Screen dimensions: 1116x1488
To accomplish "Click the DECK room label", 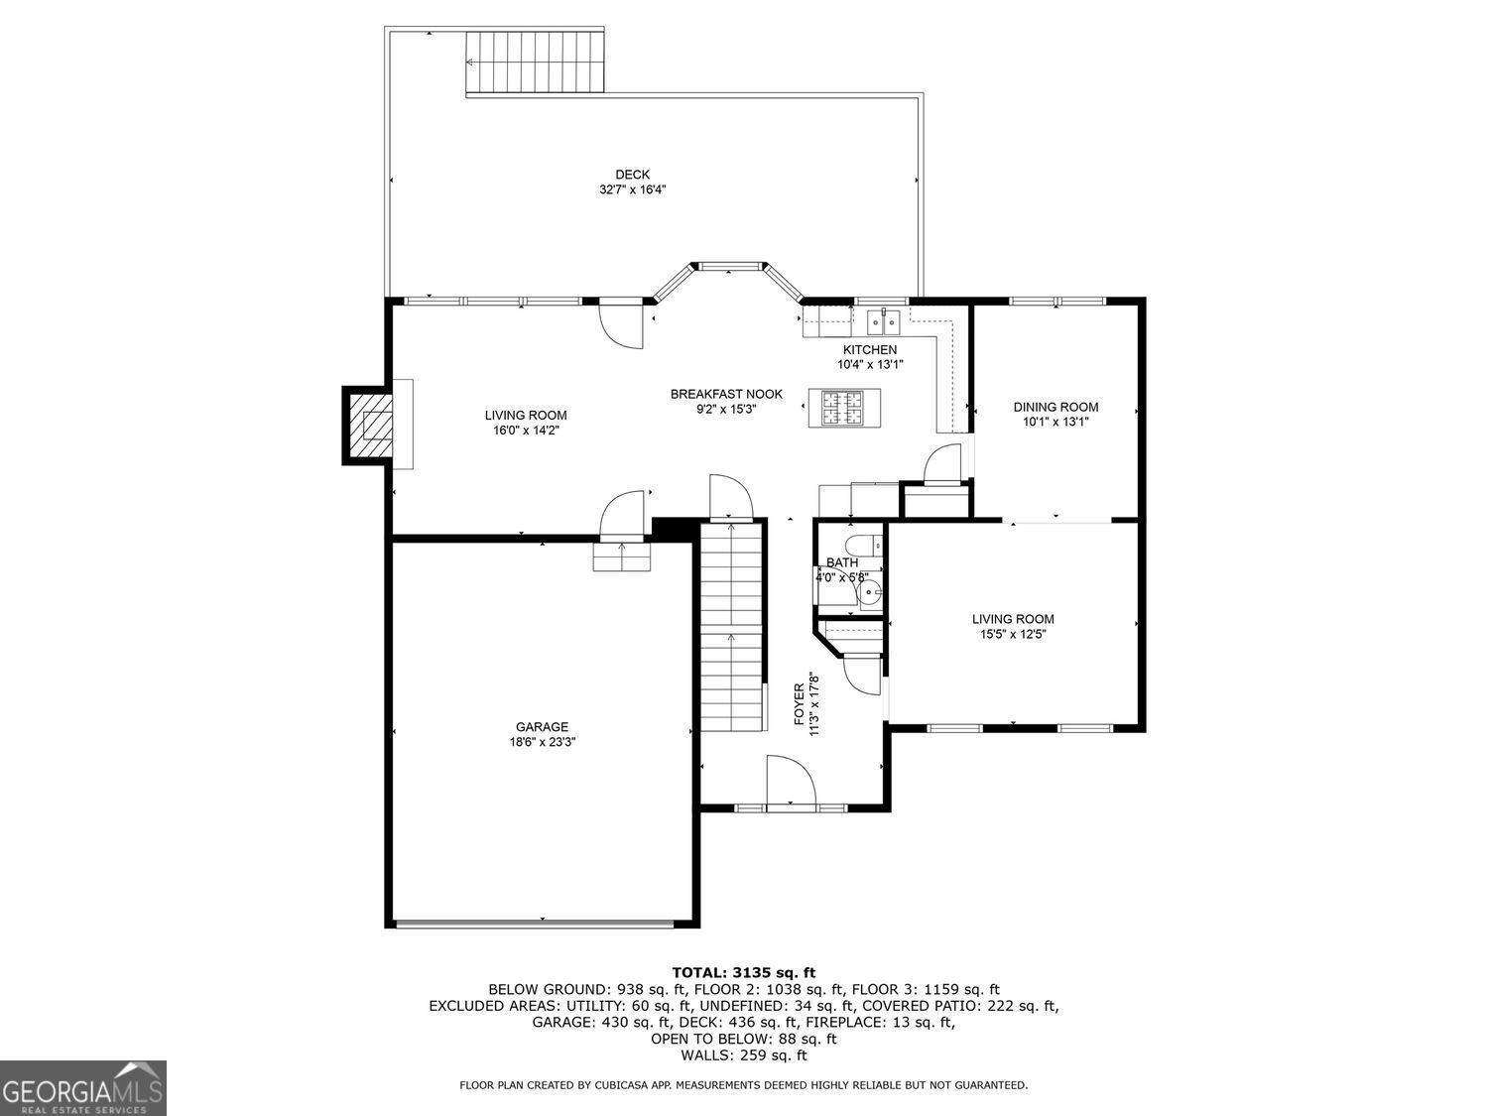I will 632,175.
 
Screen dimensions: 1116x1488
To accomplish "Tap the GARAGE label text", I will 542,726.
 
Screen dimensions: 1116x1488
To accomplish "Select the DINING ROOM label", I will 1055,407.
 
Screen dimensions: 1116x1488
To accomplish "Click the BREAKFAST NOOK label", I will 726,394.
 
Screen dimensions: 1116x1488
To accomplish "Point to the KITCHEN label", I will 870,349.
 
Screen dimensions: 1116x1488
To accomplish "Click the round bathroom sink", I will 870,593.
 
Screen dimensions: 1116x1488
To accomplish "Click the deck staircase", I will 535,62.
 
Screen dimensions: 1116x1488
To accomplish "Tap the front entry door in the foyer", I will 791,784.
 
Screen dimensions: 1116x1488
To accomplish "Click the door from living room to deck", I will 621,323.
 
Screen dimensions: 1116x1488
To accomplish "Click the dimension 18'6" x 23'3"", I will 542,741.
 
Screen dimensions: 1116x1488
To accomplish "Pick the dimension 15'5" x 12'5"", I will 1013,634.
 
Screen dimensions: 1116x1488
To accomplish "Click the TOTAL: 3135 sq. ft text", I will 743,972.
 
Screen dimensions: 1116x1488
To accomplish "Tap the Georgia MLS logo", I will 82,1088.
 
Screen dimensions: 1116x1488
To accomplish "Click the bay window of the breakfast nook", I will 731,267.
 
